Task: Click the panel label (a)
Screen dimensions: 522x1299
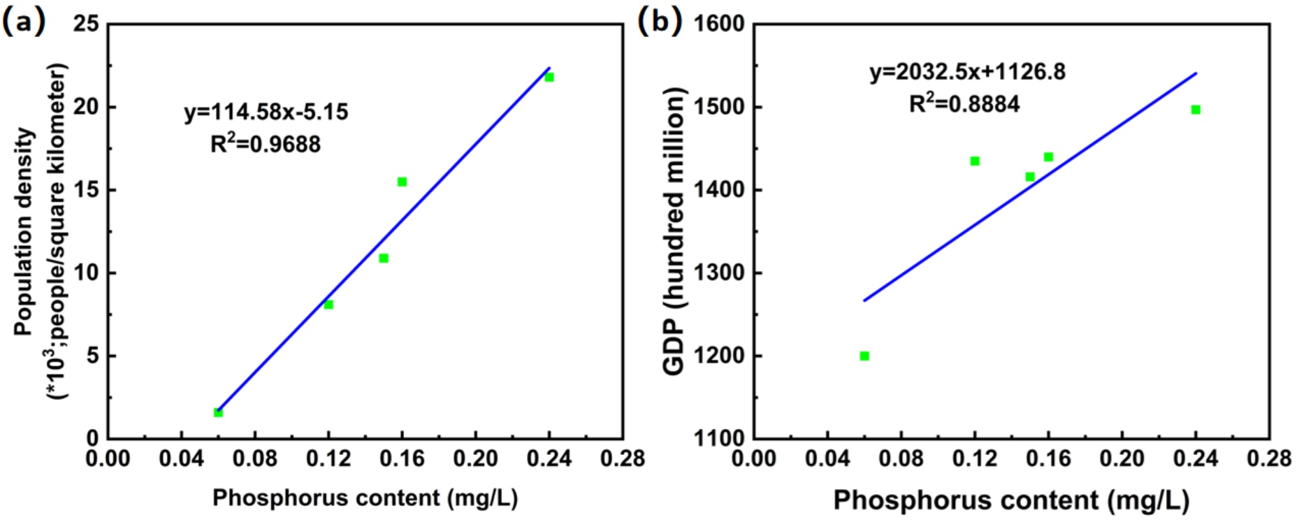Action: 24,22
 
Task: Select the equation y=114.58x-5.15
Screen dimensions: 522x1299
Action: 266,112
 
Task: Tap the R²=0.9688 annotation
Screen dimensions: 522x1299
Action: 266,144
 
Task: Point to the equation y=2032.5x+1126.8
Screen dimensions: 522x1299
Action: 967,72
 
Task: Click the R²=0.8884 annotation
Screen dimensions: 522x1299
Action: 964,104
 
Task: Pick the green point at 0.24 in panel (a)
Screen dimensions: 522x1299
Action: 549,77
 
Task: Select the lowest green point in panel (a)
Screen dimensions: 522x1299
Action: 218,412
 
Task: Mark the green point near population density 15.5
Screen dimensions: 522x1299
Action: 402,182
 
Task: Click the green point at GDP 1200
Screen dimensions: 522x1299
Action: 864,356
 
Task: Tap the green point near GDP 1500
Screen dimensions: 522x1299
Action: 1196,110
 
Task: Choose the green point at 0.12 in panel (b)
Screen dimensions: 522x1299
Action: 975,161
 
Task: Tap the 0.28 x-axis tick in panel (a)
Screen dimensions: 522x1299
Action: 622,459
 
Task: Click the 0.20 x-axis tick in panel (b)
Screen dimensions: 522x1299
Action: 1122,459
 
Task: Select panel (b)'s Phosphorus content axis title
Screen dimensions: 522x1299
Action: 1011,500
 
